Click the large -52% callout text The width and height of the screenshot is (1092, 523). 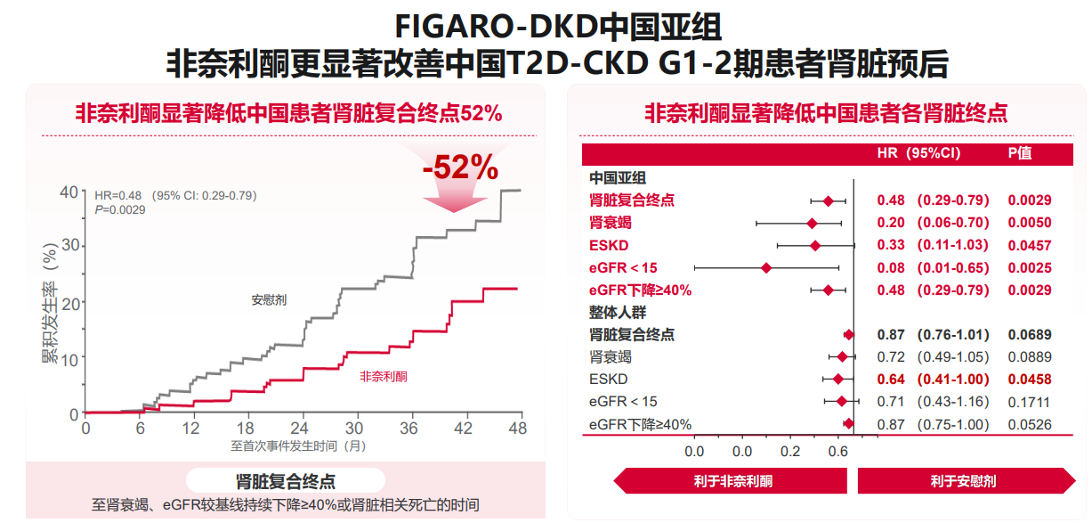460,168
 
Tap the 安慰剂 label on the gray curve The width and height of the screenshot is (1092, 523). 269,300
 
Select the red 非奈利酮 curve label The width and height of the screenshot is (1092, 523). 384,377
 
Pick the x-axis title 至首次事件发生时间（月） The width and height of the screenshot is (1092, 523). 298,445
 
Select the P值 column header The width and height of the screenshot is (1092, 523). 1020,153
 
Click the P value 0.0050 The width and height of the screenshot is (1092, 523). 1029,223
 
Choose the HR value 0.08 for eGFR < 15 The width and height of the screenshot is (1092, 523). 891,267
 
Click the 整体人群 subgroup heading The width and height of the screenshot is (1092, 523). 618,313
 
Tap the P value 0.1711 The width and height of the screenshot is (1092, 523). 1029,402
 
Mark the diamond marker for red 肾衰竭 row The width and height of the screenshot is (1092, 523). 812,223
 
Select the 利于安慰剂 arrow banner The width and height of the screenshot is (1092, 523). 963,481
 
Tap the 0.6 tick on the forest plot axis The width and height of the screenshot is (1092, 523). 837,451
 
